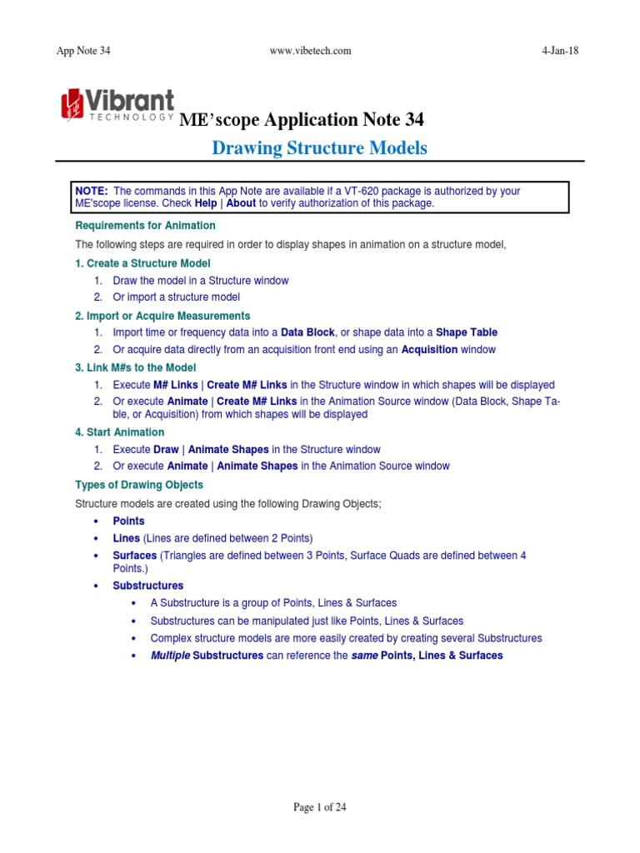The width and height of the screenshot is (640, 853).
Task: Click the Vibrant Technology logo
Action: (117, 104)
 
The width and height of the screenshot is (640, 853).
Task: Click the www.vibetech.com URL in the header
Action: (311, 51)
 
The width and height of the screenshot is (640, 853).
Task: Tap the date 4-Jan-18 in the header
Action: (560, 51)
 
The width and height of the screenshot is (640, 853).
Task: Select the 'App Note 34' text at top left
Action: (82, 51)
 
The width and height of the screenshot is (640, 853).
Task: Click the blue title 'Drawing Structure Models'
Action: (319, 148)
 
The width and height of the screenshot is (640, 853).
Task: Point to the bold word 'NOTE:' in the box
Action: (92, 191)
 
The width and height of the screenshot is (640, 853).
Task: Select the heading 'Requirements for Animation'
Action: (145, 226)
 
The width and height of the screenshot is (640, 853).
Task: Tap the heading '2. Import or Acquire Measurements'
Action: (162, 316)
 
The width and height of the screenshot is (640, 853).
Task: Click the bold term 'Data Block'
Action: (307, 332)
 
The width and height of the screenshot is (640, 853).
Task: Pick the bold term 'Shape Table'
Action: (467, 332)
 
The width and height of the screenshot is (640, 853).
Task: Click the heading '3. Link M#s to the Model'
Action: (136, 367)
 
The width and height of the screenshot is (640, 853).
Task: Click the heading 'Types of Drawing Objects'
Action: (139, 484)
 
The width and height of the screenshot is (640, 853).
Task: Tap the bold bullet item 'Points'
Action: (128, 521)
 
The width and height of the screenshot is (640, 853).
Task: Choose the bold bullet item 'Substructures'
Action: (147, 586)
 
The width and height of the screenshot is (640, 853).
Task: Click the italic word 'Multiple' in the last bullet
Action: (170, 656)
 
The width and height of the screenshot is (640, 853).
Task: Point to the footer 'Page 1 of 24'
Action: (319, 807)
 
